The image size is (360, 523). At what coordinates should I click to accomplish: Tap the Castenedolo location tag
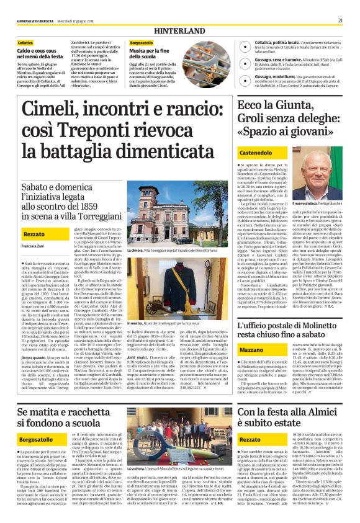point(256,153)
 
